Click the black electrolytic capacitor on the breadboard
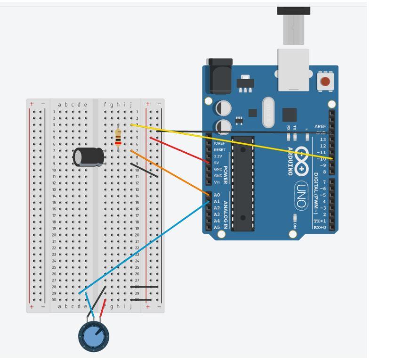pyautogui.click(x=89, y=156)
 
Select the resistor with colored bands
pyautogui.click(x=118, y=137)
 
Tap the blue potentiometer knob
pyautogui.click(x=94, y=336)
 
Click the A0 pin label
pyautogui.click(x=217, y=195)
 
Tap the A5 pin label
pyautogui.click(x=217, y=227)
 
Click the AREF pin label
pyautogui.click(x=320, y=126)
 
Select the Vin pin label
pyautogui.click(x=217, y=182)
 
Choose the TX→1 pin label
pyautogui.click(x=320, y=221)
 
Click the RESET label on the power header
pyautogui.click(x=219, y=149)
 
